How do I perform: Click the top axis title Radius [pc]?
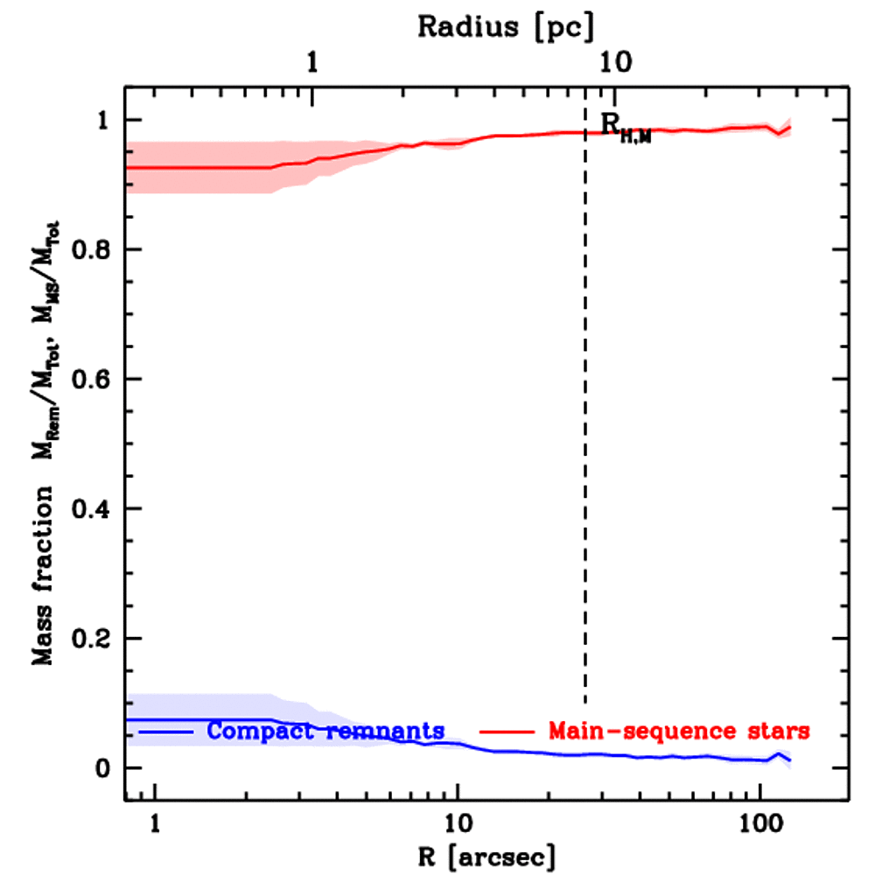click(x=506, y=26)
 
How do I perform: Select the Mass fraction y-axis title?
click(x=44, y=437)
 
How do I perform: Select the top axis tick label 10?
click(x=615, y=64)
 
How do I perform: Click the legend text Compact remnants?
click(x=326, y=730)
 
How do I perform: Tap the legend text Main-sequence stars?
click(x=678, y=730)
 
